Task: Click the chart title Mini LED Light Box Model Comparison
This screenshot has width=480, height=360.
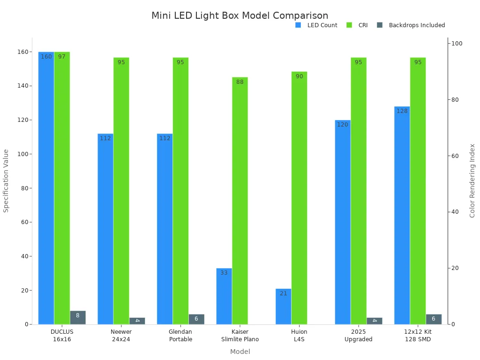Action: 240,16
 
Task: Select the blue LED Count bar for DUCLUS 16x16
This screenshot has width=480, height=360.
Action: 46,187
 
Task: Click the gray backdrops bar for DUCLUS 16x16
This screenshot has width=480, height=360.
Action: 78,317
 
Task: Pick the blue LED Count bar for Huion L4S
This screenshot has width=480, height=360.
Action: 283,307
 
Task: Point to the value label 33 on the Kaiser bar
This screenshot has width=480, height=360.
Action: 224,273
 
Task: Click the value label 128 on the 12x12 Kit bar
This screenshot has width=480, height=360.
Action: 402,111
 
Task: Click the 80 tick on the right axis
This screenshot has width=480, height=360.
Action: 455,100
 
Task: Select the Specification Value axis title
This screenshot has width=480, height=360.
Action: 6,180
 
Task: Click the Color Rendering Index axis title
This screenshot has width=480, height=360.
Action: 472,180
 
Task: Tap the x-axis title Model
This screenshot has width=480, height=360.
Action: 240,352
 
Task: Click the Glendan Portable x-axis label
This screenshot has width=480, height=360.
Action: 180,336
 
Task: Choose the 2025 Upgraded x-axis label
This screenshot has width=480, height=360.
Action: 358,336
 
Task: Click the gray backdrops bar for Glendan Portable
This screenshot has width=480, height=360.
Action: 196,319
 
